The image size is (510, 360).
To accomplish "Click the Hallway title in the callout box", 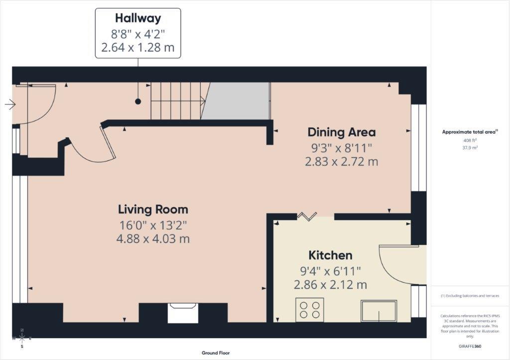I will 138,18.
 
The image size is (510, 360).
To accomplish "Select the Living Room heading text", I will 153,209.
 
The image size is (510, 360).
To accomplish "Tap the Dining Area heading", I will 341,132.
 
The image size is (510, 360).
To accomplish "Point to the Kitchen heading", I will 330,255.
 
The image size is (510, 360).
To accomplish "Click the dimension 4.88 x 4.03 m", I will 153,239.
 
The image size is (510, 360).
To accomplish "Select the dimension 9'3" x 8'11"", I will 341,147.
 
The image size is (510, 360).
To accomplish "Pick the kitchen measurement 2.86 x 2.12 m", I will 330,285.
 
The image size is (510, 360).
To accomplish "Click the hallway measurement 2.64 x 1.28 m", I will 138,49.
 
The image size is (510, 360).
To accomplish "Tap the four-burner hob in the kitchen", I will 310,309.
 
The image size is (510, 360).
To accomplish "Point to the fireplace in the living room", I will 183,313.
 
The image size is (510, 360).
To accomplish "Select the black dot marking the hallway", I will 138,102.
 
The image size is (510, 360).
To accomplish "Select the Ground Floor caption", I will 216,353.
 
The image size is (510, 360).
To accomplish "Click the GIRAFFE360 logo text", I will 471,346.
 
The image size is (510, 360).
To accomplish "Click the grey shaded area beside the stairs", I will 235,101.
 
